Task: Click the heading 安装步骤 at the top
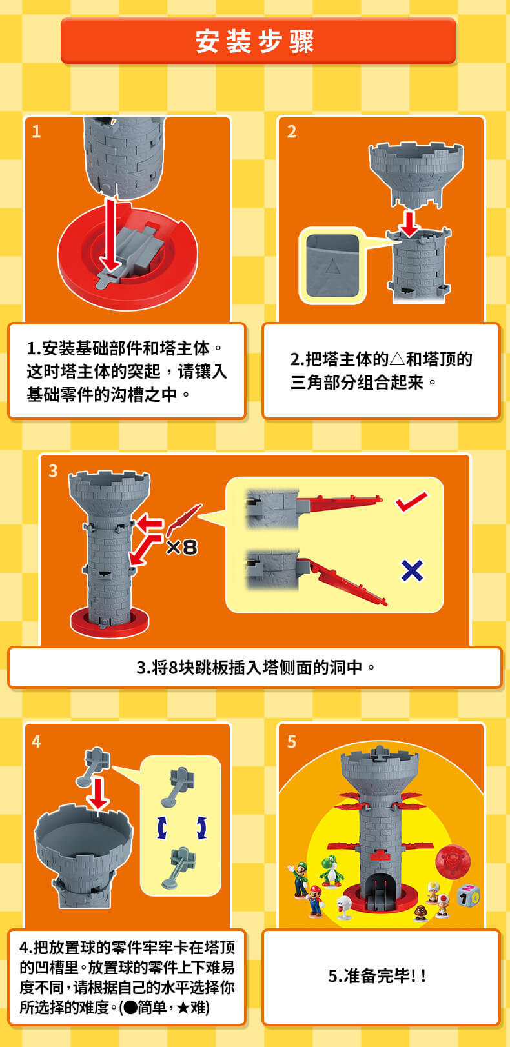(x=254, y=41)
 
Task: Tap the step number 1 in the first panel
(x=36, y=132)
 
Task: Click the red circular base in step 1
(x=128, y=257)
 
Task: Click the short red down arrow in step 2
(x=410, y=224)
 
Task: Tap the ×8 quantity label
(x=182, y=547)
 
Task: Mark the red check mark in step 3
(x=411, y=501)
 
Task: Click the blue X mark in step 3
(x=413, y=570)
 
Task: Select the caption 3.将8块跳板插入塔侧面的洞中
(x=256, y=668)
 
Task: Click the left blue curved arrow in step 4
(x=162, y=828)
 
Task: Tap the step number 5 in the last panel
(x=292, y=742)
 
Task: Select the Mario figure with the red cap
(x=315, y=901)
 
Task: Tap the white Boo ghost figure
(x=345, y=906)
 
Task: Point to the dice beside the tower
(x=468, y=895)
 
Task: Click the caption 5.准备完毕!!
(x=377, y=976)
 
